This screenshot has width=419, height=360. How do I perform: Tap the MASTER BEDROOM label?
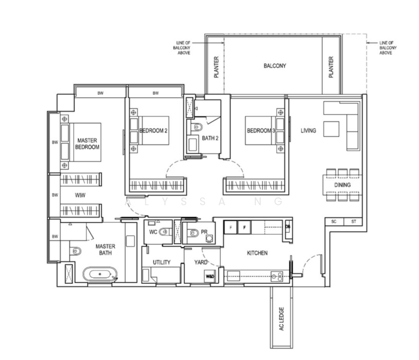87,143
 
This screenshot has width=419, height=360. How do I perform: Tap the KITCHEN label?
256,253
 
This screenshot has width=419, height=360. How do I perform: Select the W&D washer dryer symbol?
210,277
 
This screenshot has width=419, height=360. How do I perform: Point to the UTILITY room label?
161,262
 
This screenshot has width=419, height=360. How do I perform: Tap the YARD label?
201,262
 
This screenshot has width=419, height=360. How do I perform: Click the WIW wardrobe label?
79,196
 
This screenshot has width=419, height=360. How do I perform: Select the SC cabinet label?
334,222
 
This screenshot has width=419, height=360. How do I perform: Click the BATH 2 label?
209,138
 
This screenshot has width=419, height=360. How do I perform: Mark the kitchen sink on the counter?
277,277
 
